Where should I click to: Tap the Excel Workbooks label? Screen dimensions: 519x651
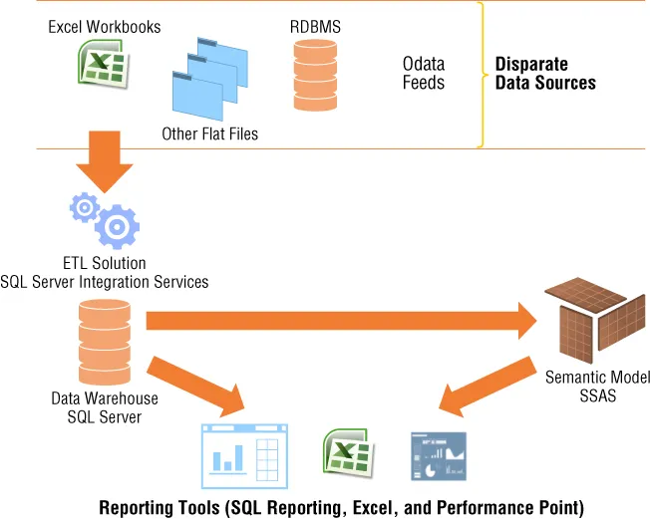click(x=104, y=27)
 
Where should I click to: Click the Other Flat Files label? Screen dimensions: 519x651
click(x=209, y=133)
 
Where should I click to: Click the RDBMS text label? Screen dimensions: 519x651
click(x=314, y=27)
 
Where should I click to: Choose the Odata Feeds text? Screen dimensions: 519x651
click(x=424, y=73)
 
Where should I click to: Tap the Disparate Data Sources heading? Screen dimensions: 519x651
click(x=545, y=73)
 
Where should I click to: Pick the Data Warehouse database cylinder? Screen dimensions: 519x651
click(x=104, y=342)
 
